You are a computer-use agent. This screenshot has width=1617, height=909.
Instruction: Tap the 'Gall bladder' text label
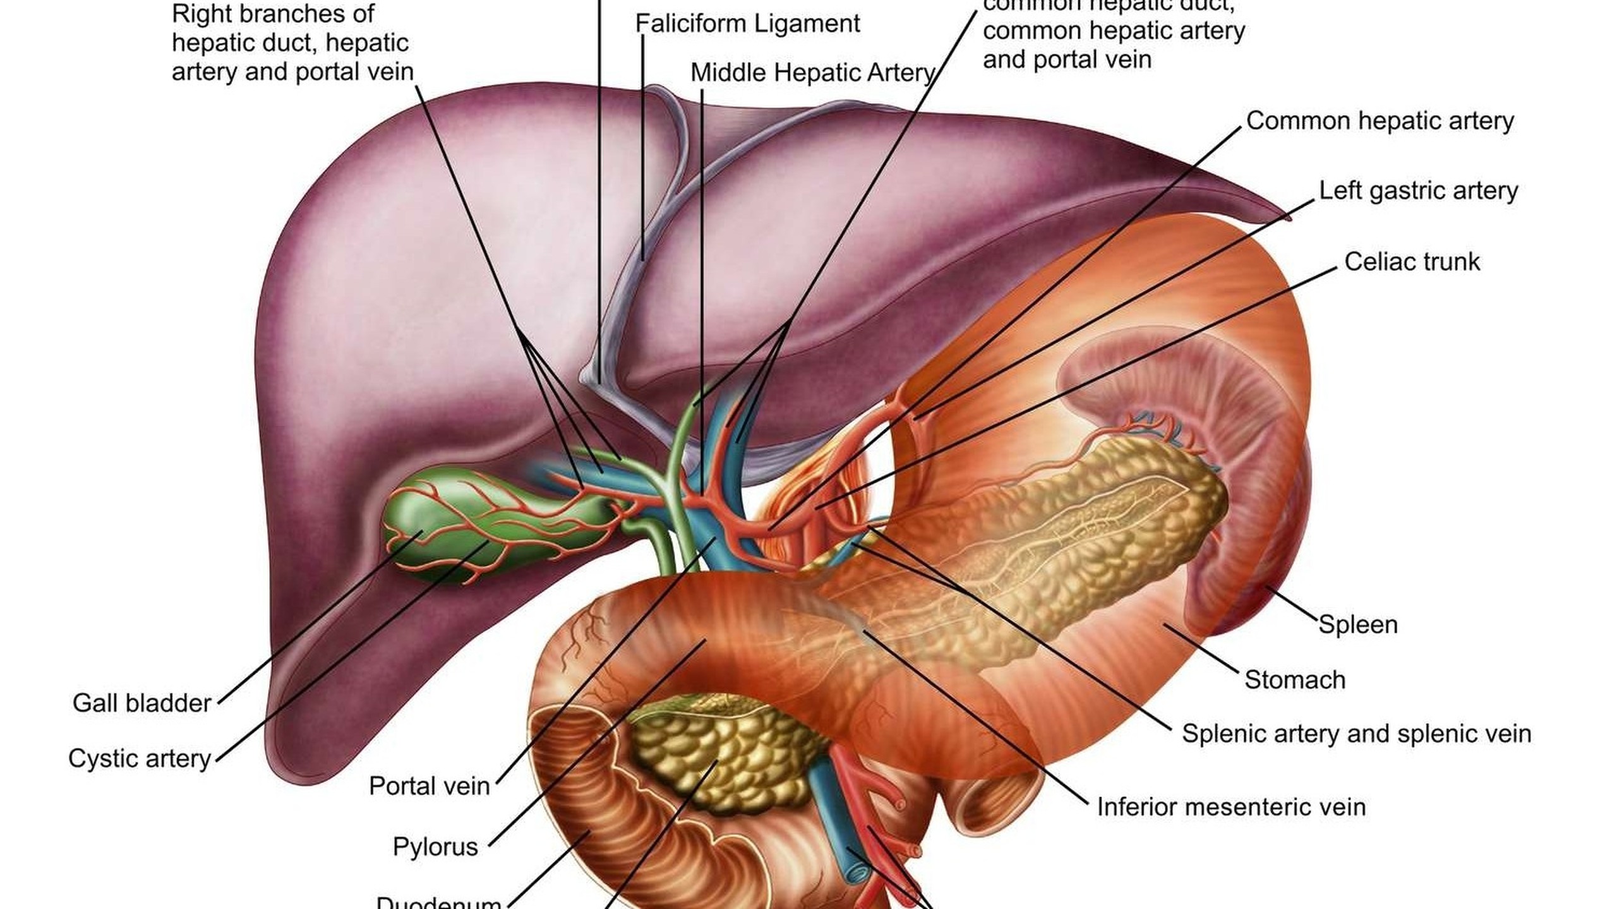click(141, 703)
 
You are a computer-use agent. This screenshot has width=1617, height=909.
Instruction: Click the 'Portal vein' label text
click(429, 786)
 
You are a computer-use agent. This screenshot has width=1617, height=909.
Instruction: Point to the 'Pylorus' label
click(435, 846)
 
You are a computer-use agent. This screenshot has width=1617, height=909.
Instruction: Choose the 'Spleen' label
click(1358, 625)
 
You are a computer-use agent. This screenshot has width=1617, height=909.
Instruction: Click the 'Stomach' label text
click(1295, 680)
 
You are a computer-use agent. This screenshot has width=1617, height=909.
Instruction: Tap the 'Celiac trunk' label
click(1412, 262)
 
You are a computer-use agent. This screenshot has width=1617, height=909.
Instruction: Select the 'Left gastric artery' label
click(1418, 191)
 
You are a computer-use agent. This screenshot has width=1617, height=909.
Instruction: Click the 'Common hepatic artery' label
click(1380, 121)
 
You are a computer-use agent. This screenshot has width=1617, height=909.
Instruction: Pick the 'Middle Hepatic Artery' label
click(812, 73)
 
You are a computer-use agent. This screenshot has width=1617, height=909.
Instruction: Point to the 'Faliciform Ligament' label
click(747, 24)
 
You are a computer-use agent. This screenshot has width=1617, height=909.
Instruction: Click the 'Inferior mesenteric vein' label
click(1231, 807)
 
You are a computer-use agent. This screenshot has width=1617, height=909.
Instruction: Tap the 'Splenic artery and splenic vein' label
click(1357, 734)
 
